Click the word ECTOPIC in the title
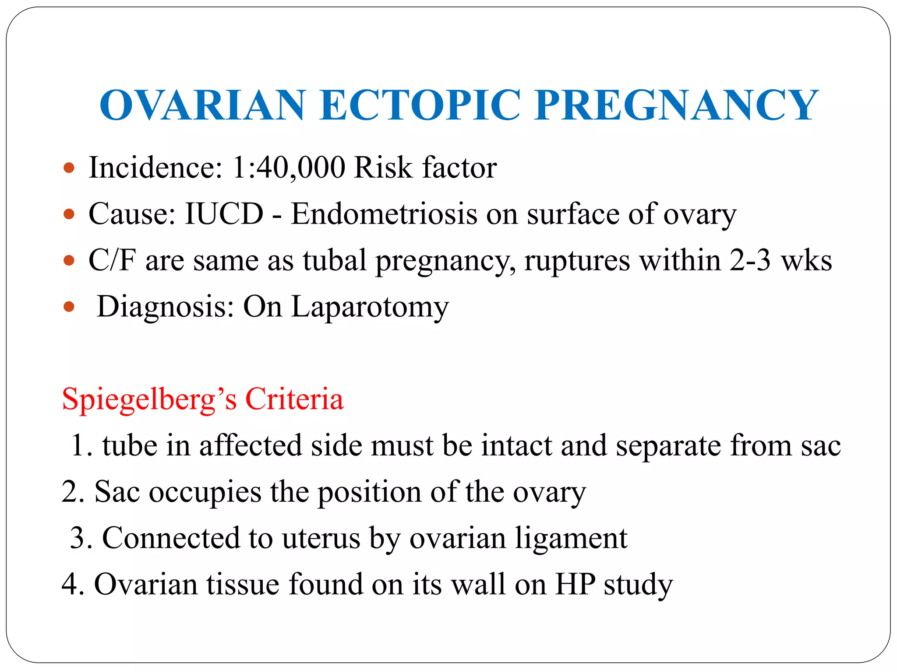point(420,105)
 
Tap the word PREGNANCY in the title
point(676,105)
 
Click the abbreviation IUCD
point(224,214)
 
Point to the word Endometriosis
point(384,214)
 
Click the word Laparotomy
point(370,307)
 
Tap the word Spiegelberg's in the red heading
point(149,399)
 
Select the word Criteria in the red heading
point(294,399)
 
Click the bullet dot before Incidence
point(69,168)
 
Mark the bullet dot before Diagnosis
point(69,307)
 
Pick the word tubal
point(334,260)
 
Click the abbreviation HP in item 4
point(575,584)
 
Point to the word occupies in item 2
point(205,492)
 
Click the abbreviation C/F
point(112,260)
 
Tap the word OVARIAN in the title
point(202,105)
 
